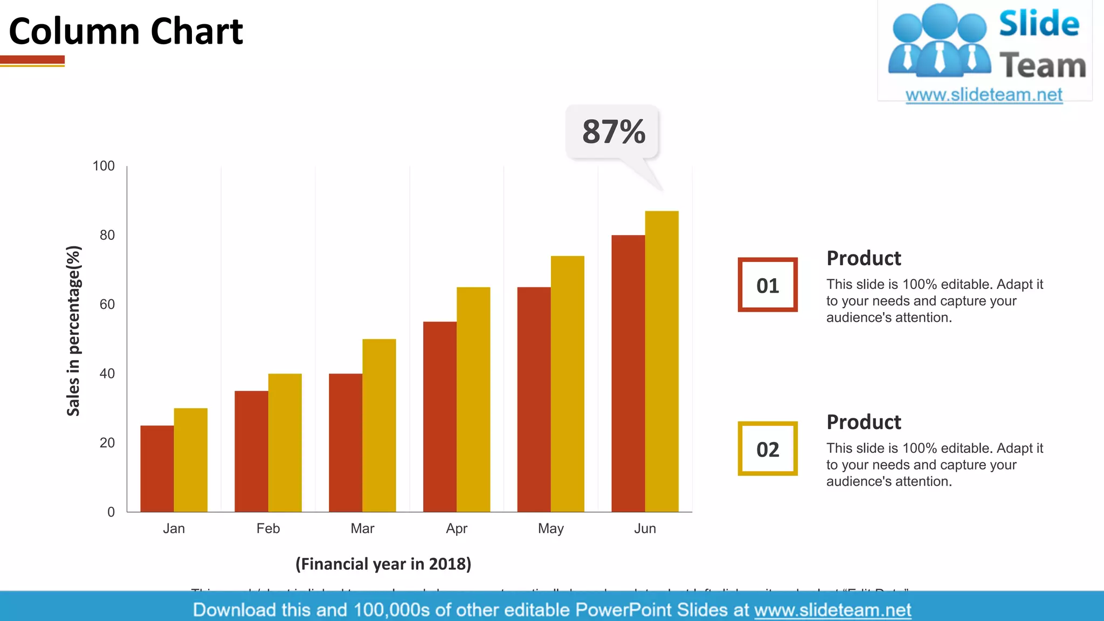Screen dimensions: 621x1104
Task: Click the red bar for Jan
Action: point(157,468)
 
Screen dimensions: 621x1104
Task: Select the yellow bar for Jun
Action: point(661,361)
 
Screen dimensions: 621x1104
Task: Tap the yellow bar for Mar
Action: point(379,425)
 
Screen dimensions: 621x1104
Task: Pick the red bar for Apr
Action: point(439,417)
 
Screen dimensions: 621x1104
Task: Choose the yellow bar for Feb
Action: point(285,443)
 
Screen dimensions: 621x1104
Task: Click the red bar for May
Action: point(534,399)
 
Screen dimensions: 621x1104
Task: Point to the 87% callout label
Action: point(613,132)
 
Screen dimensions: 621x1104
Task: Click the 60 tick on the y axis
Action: point(107,305)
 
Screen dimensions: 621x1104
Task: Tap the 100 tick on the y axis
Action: point(103,166)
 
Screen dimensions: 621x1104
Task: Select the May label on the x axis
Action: point(550,528)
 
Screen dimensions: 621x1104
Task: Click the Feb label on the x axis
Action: point(268,528)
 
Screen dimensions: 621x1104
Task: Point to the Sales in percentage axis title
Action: point(73,331)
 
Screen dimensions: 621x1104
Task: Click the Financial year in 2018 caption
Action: point(383,564)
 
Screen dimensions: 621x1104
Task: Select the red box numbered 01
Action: point(767,285)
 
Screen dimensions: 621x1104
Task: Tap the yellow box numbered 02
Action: point(767,449)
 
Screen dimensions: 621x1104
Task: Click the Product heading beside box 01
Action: point(864,258)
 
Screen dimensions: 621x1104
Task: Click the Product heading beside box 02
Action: point(864,422)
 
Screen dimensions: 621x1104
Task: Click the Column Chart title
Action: point(126,31)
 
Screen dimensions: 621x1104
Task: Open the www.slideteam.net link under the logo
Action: point(984,95)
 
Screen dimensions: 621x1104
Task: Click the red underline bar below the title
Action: point(32,60)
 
